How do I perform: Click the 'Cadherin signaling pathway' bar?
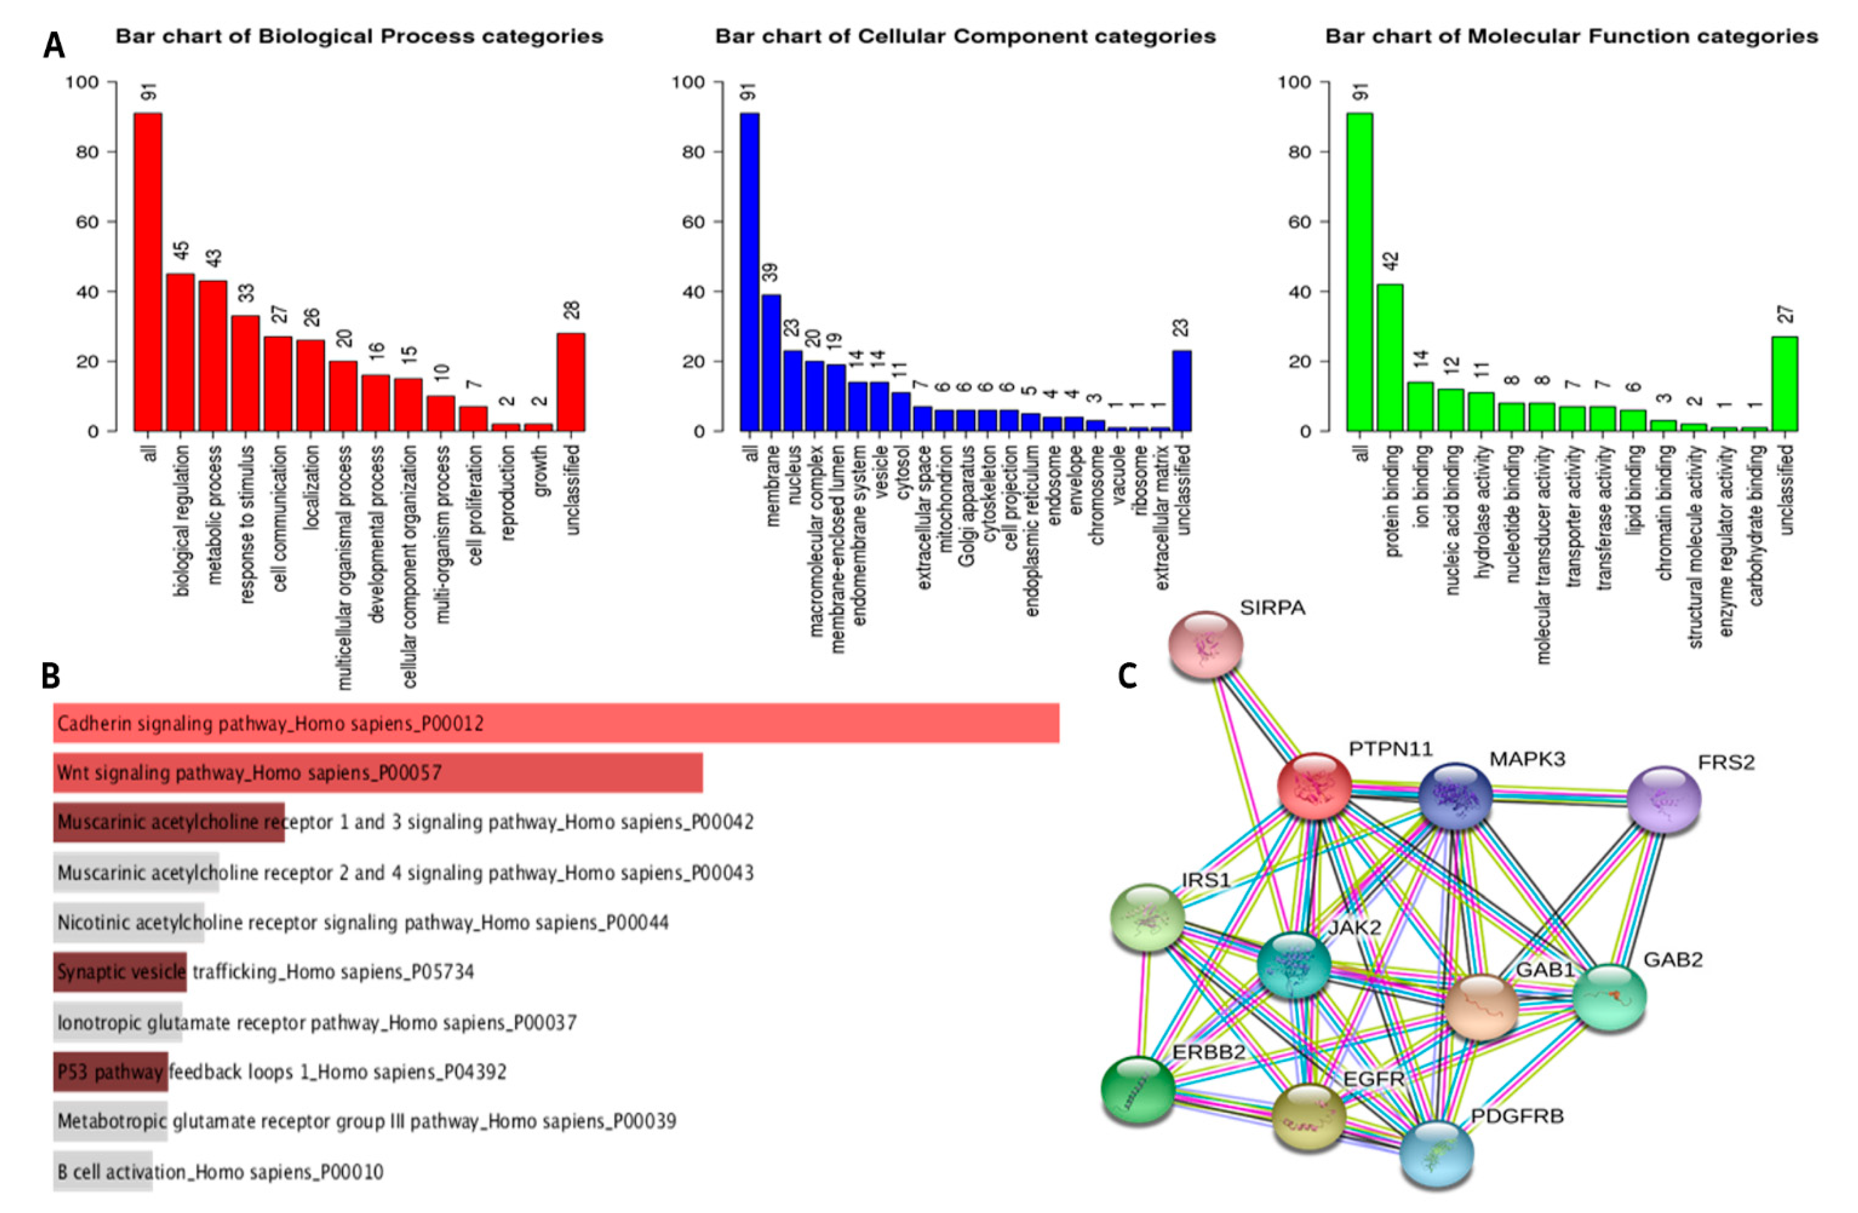556,723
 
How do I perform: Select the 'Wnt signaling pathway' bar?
378,773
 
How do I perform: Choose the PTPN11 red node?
1315,786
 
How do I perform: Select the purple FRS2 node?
1664,799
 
